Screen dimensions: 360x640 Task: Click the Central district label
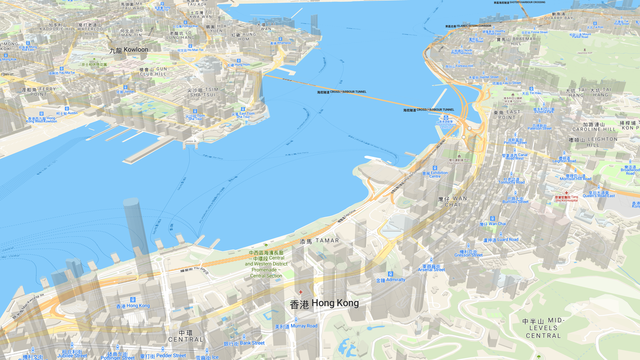(184, 336)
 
